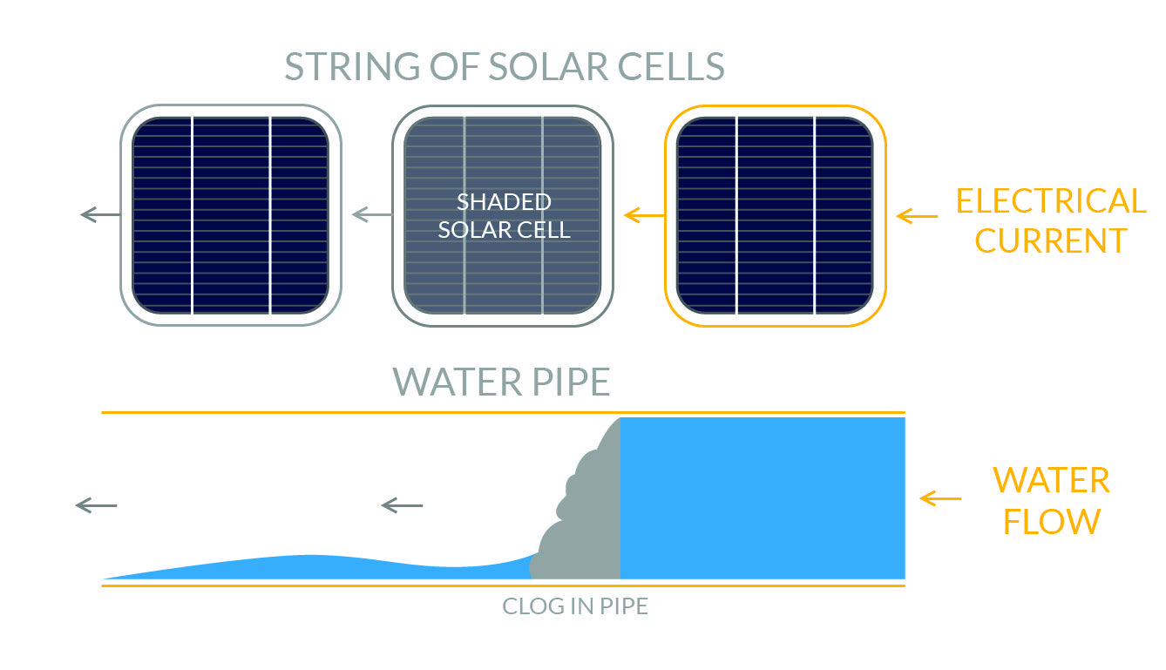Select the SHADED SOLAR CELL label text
tap(503, 216)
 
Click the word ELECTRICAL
tap(1051, 201)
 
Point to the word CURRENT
tap(1051, 240)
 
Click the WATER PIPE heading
tap(501, 382)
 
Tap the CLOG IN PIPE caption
tap(575, 606)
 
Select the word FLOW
tap(1051, 521)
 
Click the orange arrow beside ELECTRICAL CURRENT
tap(917, 215)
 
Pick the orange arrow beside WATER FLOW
tap(940, 499)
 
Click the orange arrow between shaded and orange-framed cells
tap(644, 213)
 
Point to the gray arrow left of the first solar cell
tap(99, 214)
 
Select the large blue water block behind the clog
tap(763, 497)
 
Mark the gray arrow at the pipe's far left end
tap(96, 504)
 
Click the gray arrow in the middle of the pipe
tap(402, 504)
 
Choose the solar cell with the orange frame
tap(775, 215)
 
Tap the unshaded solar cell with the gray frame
tap(230, 215)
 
